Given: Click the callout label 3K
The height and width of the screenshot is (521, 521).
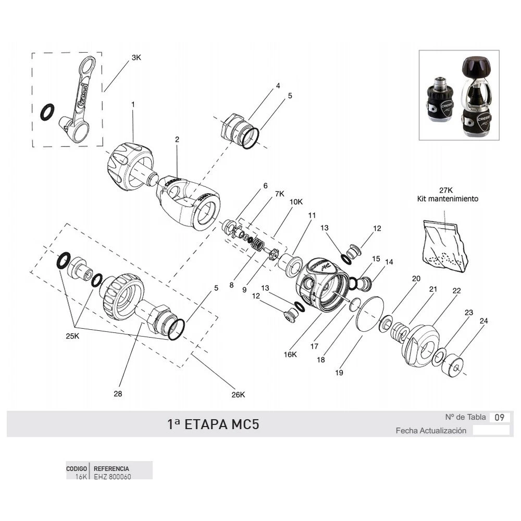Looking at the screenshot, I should click(x=136, y=58).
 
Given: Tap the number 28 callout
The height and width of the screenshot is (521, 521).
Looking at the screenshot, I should click(x=118, y=394).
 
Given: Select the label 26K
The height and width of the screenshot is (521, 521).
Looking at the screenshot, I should click(x=238, y=394).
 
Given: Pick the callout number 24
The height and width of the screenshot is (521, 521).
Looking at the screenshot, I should click(x=484, y=321).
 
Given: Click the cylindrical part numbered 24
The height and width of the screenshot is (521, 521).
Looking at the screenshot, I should click(x=453, y=366).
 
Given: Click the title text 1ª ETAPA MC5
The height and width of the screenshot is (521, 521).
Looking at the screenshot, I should click(x=213, y=424).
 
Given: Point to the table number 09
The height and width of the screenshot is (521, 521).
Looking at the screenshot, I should click(x=499, y=417).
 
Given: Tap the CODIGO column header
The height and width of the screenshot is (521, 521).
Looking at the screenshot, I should click(x=76, y=469).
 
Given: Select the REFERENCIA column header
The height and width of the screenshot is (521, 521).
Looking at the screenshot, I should click(x=111, y=469).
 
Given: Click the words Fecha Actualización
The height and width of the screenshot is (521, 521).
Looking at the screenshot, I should click(x=431, y=431).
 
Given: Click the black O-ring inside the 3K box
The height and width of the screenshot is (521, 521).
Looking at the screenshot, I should click(x=47, y=111).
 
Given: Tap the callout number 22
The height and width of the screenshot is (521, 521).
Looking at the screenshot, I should click(x=457, y=291).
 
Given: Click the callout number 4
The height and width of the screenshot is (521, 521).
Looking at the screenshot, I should click(x=278, y=86).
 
